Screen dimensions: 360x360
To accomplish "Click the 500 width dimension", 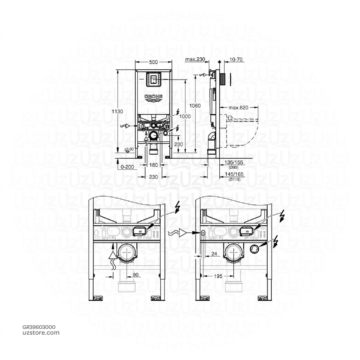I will point(153,62).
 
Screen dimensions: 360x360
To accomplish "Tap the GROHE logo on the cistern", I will point(153,97).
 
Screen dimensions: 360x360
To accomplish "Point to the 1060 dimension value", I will point(195,105).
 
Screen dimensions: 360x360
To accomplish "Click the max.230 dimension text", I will point(195,60).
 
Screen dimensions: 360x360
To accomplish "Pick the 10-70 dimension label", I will point(234,60).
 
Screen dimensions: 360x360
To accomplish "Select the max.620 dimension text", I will point(238,108).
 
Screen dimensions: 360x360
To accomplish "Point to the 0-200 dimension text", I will point(127,167).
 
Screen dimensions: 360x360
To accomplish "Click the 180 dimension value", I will point(153,165).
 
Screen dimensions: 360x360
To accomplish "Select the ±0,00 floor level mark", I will point(129,149).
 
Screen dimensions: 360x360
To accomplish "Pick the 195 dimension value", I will point(218,277).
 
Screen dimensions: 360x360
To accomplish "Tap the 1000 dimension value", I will point(185,117).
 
